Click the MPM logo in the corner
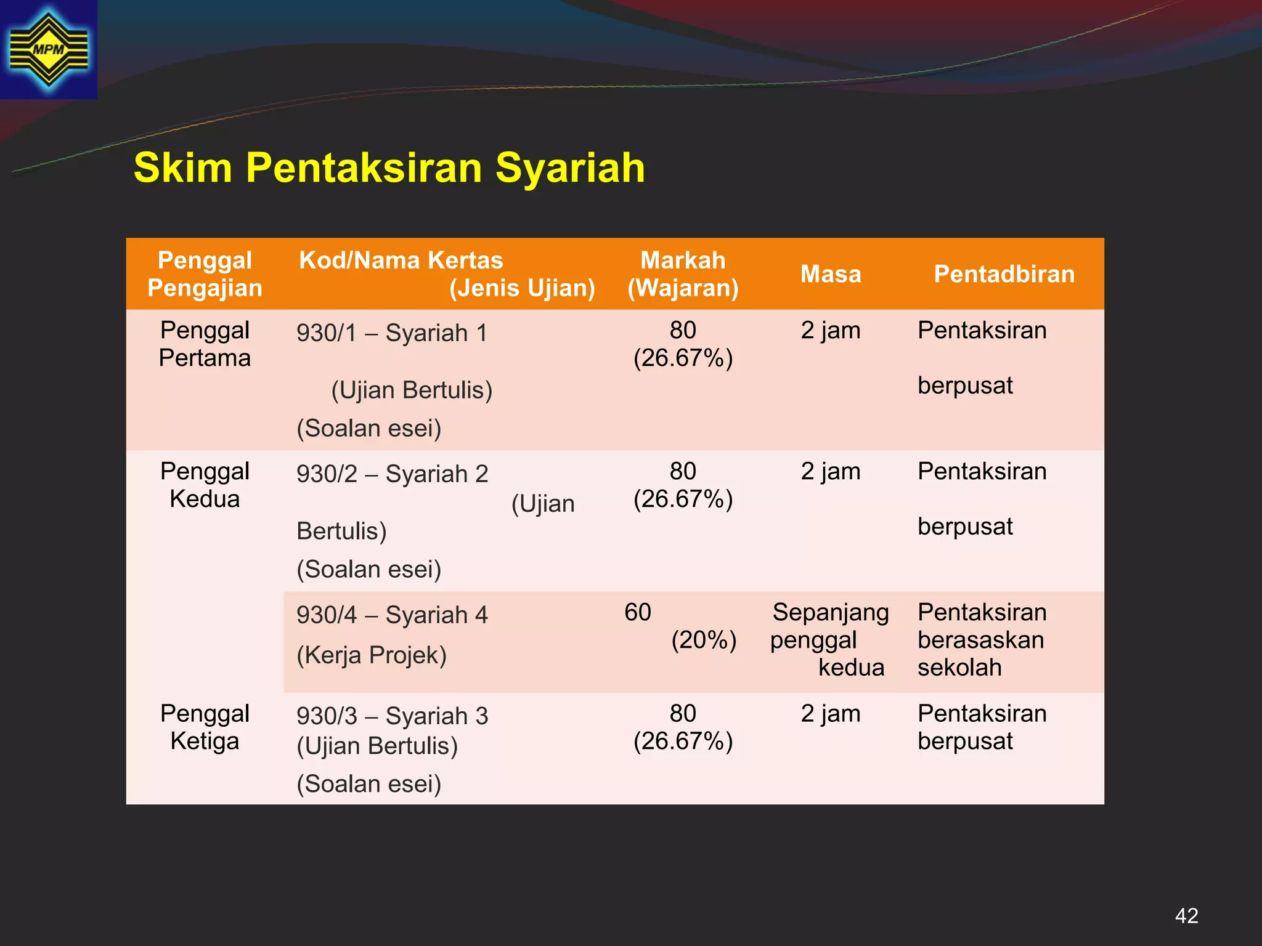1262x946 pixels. tap(48, 49)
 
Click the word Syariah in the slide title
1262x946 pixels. tap(570, 168)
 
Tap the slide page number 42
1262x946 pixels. tap(1186, 916)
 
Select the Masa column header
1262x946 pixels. tap(830, 274)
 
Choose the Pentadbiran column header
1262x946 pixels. tap(1004, 274)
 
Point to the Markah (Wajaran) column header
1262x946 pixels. tap(683, 274)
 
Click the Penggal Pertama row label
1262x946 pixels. tap(205, 344)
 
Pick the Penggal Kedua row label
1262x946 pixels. tap(205, 485)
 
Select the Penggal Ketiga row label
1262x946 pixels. tap(205, 727)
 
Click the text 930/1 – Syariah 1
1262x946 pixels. tap(392, 333)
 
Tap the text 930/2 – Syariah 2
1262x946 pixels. tap(392, 474)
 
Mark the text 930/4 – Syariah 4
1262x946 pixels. tap(392, 615)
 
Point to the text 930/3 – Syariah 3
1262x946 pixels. tap(392, 716)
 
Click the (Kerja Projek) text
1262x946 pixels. tap(372, 655)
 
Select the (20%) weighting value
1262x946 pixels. tap(704, 641)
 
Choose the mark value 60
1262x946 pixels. tap(638, 613)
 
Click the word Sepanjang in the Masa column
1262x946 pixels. tap(831, 613)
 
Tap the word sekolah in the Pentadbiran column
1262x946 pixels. tap(959, 668)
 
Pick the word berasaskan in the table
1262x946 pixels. tap(980, 641)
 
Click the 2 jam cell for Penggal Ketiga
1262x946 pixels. tap(830, 714)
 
